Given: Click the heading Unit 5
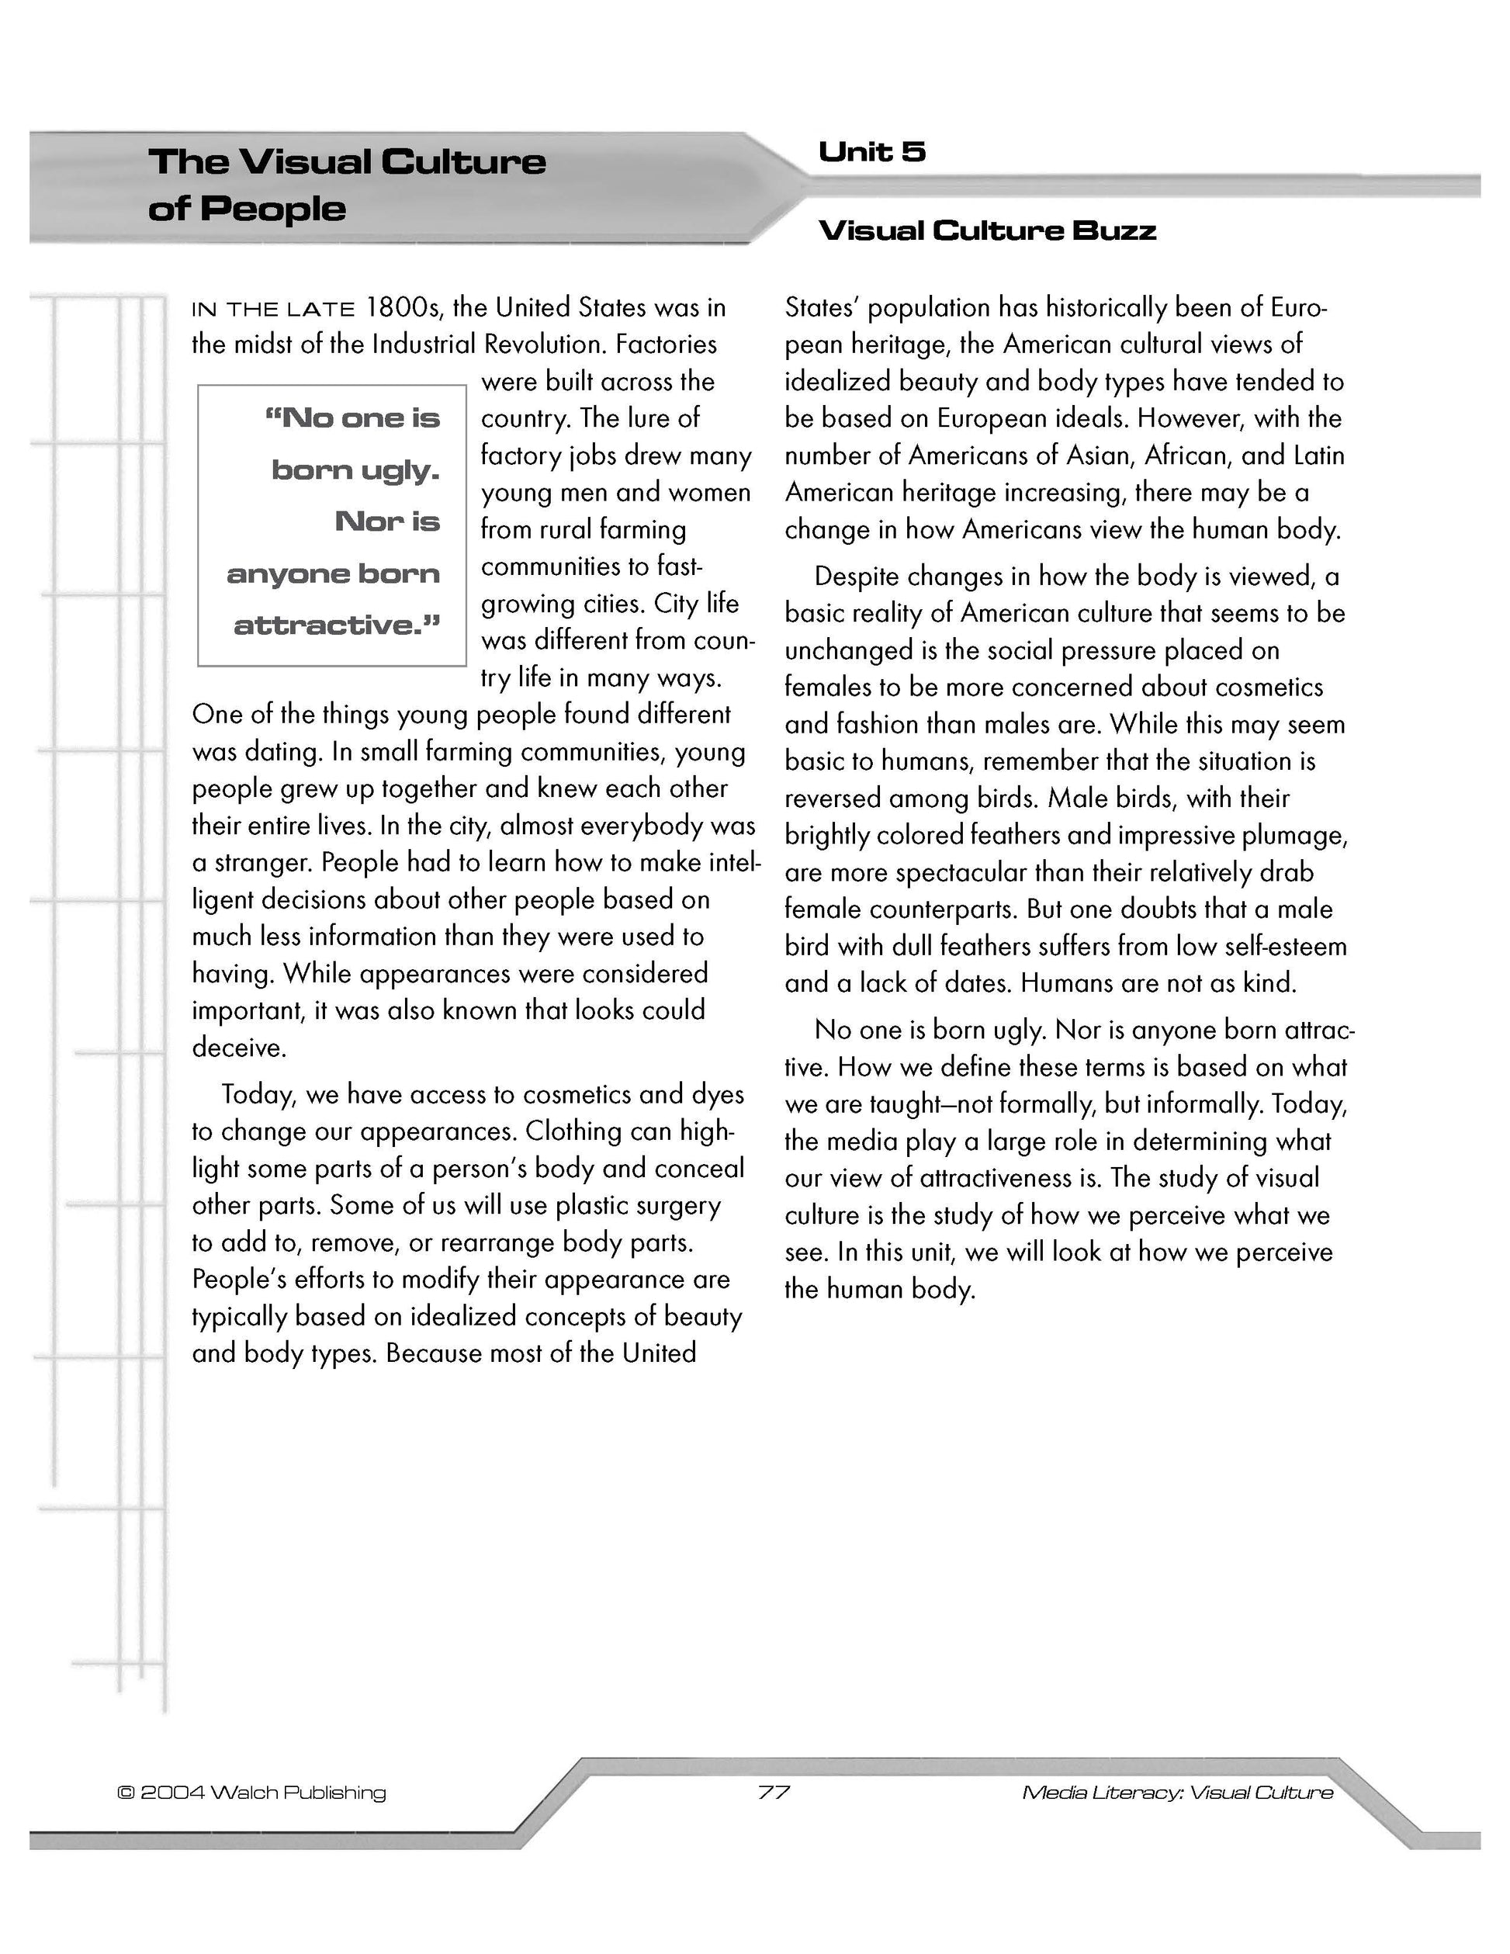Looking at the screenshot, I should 871,152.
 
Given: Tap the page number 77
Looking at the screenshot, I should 774,1792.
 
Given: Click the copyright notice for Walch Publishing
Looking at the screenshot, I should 251,1793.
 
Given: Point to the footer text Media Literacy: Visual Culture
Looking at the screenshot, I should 1177,1793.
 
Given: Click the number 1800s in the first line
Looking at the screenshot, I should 404,308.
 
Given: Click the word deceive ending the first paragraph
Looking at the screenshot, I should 239,1048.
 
